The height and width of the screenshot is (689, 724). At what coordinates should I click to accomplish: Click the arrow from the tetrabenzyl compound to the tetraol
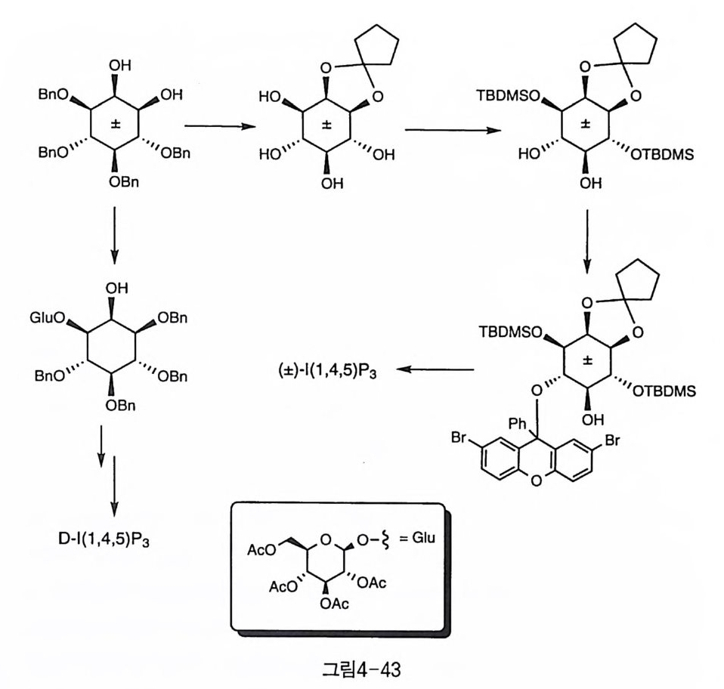pos(218,126)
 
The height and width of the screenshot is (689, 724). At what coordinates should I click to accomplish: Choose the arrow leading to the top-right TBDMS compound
pos(454,129)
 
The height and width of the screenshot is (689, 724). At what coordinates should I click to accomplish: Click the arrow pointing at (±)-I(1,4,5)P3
pos(436,369)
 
